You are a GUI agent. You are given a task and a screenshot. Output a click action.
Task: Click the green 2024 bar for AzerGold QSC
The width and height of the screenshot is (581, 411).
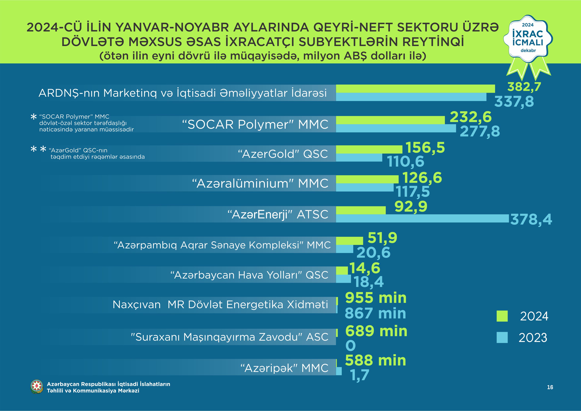pos(369,149)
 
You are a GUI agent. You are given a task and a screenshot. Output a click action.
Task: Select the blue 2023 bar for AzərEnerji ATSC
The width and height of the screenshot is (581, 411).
pos(422,218)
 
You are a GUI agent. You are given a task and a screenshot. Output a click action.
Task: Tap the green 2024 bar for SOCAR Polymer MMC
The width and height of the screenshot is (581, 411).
pos(390,120)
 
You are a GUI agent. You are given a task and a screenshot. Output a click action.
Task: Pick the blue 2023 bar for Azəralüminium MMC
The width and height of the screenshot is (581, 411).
pos(365,187)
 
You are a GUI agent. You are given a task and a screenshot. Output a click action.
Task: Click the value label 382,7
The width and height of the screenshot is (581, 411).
pos(524,87)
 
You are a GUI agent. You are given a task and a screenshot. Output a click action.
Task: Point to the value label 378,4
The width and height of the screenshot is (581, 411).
pos(531,219)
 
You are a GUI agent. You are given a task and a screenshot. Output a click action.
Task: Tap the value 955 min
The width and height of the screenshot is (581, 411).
pos(375,298)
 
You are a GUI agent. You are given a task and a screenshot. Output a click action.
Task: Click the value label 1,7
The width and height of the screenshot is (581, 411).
pos(360,375)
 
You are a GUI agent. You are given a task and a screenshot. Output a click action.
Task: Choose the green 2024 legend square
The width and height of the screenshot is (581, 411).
pos(502,316)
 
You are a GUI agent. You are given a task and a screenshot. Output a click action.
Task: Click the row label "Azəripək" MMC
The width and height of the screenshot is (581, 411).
pos(284,368)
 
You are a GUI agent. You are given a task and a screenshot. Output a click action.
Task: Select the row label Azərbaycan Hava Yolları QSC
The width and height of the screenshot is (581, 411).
pos(249,275)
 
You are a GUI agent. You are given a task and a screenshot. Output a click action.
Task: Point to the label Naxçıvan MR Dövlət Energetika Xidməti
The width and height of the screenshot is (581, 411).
pos(220,305)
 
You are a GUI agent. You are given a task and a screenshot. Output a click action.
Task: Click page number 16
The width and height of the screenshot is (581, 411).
pos(550,387)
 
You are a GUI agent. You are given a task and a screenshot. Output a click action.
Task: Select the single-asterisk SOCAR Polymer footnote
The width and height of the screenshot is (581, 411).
pos(83,123)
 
